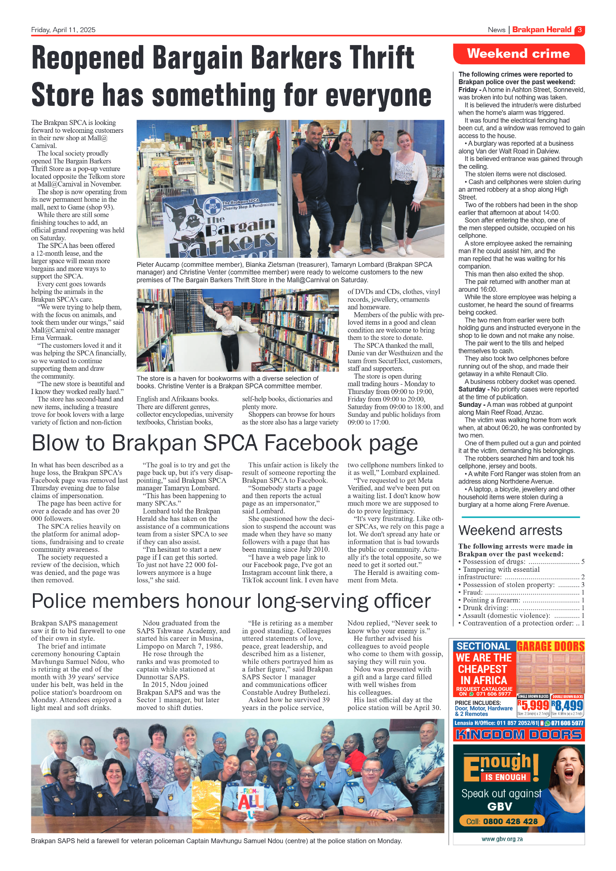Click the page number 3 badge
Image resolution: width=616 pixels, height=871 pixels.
click(579, 30)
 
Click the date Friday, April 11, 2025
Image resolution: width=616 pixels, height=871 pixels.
click(63, 30)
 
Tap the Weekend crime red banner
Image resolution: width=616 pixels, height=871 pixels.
click(518, 54)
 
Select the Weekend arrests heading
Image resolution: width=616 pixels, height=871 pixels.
click(510, 530)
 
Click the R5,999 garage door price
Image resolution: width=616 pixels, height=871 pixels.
click(533, 706)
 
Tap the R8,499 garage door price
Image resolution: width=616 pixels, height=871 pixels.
click(567, 706)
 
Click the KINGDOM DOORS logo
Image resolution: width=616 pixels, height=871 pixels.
click(518, 735)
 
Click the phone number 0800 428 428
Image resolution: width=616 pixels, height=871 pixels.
click(510, 821)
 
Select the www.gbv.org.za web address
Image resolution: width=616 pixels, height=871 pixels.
click(502, 839)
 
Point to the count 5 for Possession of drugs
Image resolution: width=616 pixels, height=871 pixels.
click(583, 562)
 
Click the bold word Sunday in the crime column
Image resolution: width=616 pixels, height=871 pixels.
click(469, 405)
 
